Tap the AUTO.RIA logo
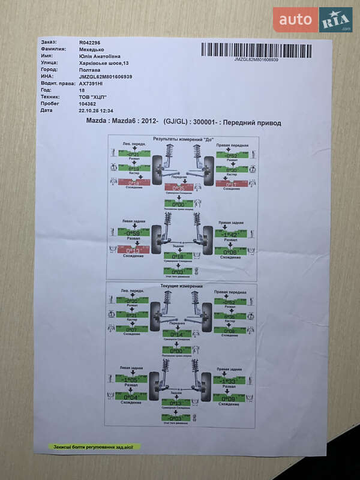313,20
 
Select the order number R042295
90,43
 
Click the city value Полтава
90,70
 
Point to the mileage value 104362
88,103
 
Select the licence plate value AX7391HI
92,83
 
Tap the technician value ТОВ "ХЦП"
92,97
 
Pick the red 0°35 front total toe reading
179,187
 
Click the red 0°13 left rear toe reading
133,250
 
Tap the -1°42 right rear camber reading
230,234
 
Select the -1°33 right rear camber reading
229,380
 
